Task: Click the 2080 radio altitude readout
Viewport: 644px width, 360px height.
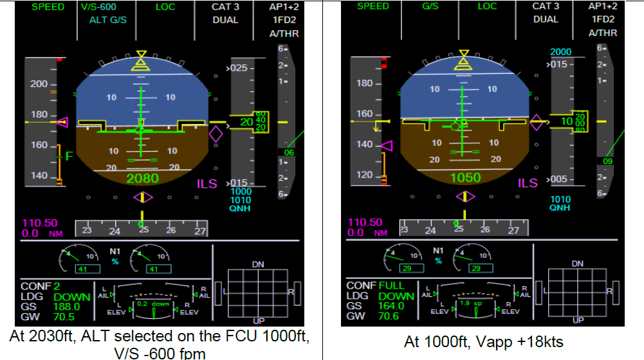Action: tap(143, 178)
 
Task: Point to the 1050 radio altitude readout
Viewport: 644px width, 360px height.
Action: tap(465, 178)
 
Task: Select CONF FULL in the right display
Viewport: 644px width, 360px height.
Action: tap(391, 285)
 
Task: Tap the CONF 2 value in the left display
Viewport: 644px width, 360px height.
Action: tap(57, 286)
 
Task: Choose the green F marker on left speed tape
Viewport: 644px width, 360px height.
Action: tap(69, 156)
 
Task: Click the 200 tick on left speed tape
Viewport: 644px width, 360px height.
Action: tap(40, 84)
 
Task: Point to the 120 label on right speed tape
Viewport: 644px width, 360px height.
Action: tap(365, 175)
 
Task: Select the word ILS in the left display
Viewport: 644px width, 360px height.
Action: tap(207, 184)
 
